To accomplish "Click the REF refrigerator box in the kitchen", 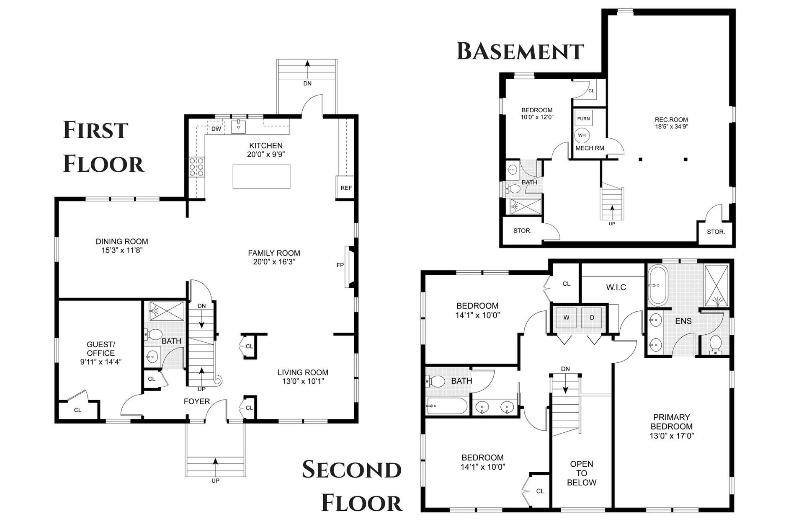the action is [x=346, y=187].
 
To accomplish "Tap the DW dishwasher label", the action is [x=216, y=129].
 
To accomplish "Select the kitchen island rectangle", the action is [x=261, y=176].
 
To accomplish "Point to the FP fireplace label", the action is [x=340, y=265].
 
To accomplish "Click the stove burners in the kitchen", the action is [x=196, y=166].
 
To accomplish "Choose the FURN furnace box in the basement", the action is [x=583, y=119].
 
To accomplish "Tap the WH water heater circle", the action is [x=582, y=135].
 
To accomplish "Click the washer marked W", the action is [x=566, y=318].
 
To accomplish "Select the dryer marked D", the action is [x=592, y=318].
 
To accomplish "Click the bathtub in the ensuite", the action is [x=658, y=285].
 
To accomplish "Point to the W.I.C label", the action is [x=616, y=287].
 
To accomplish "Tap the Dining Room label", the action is [x=122, y=241].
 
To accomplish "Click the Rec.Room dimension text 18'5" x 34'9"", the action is [x=671, y=126].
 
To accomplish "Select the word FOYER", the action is [x=197, y=401].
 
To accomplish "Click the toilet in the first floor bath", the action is [x=153, y=335].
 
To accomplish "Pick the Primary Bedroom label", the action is [x=671, y=422].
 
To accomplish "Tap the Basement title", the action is [x=520, y=51].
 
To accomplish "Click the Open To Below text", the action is [x=582, y=473].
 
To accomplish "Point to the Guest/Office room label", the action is [x=100, y=349].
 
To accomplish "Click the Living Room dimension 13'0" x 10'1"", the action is [x=303, y=381].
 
